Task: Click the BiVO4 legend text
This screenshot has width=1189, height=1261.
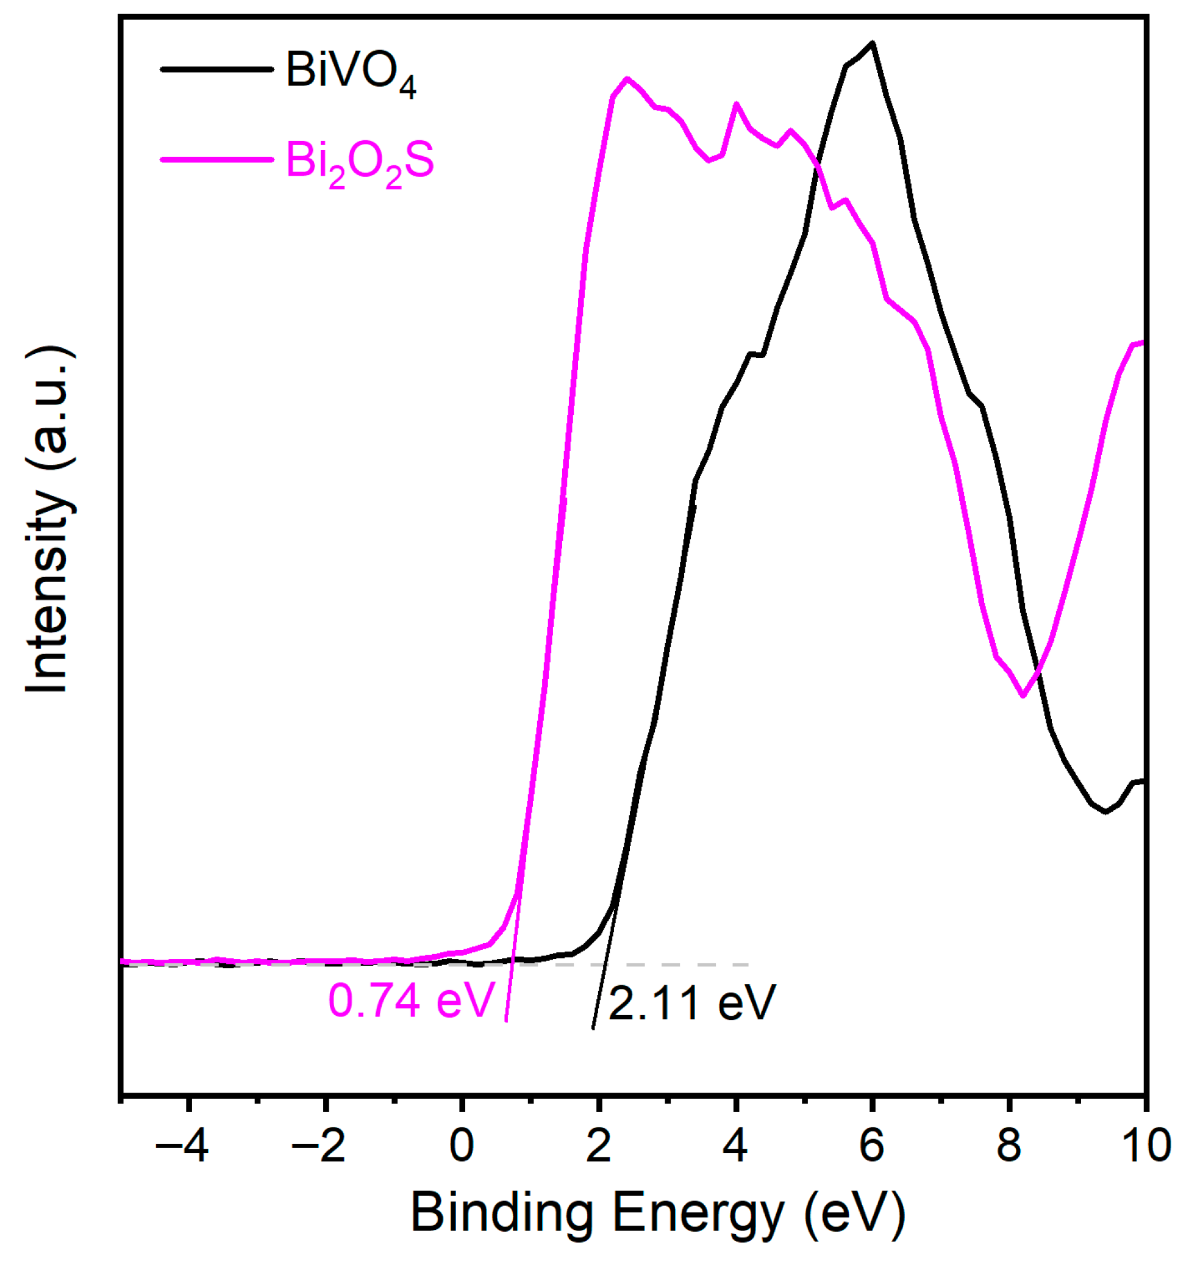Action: [351, 71]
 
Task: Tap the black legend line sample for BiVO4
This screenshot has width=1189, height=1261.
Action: [217, 69]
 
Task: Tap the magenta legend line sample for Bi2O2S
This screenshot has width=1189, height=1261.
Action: [217, 159]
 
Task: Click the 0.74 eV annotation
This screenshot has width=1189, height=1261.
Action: [410, 1001]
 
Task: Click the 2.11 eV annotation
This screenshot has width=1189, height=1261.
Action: [692, 1004]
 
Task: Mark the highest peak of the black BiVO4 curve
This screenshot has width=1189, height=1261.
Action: [873, 43]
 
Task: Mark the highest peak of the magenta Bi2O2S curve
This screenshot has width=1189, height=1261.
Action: [627, 79]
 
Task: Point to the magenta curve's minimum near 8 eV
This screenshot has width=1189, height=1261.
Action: [1023, 696]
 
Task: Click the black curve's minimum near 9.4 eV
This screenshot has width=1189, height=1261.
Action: [1105, 812]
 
